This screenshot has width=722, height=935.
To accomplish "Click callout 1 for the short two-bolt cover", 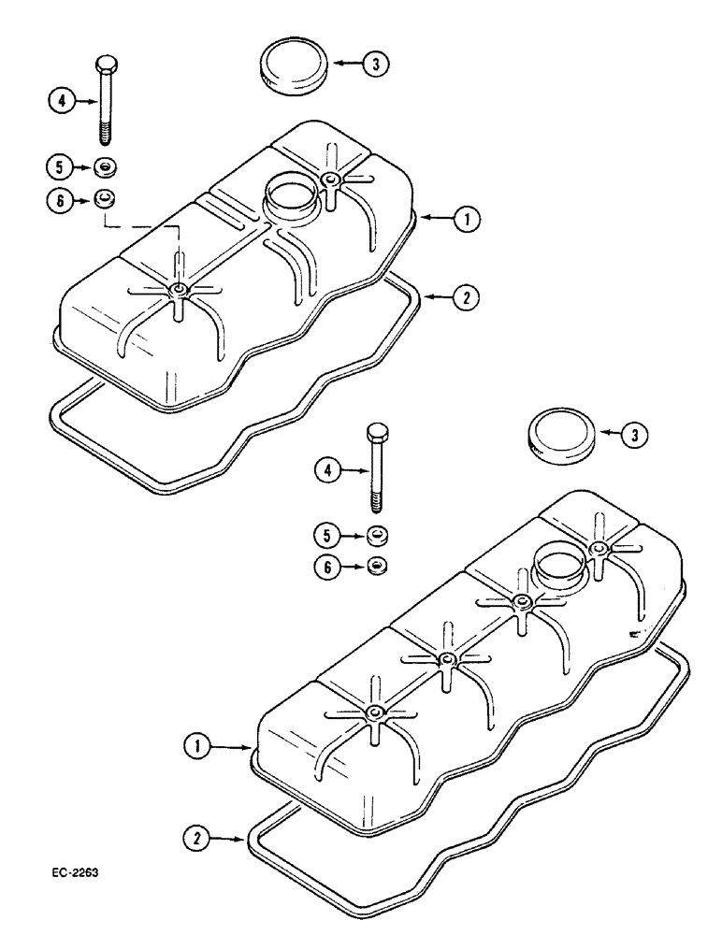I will pos(465,220).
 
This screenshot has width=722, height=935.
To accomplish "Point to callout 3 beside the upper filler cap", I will pos(375,65).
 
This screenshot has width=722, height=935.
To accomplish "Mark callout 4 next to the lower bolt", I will pos(327,473).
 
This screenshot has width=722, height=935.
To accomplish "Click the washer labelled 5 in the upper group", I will pos(105,168).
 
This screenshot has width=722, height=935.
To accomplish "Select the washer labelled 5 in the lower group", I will pos(377,536).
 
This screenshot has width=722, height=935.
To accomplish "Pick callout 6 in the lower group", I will pos(327,568).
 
